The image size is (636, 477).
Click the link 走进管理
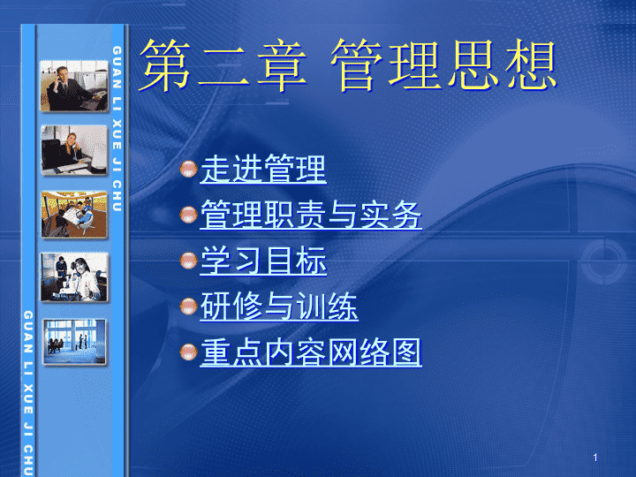tap(263, 169)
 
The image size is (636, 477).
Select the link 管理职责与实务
tap(311, 215)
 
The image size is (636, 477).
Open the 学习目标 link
tap(263, 261)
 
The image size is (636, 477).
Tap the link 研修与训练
tap(279, 307)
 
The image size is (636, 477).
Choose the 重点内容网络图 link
tap(311, 352)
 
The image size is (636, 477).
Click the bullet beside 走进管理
tap(189, 169)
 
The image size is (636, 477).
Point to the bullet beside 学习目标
tap(189, 261)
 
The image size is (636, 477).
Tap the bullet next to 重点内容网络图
tap(189, 352)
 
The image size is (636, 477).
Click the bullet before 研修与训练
tap(189, 307)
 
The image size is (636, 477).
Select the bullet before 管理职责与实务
tap(189, 215)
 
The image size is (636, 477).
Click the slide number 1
tap(595, 458)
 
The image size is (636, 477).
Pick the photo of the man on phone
tap(74, 86)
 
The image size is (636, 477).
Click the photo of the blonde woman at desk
tap(74, 150)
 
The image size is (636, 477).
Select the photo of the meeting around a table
tap(74, 215)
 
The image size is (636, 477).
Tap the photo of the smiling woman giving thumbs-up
tap(74, 277)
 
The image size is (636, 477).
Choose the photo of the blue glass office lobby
tap(74, 342)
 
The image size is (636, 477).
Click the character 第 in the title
tap(165, 64)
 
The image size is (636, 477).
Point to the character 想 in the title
tap(531, 64)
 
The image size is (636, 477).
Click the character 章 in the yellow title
tap(282, 64)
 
